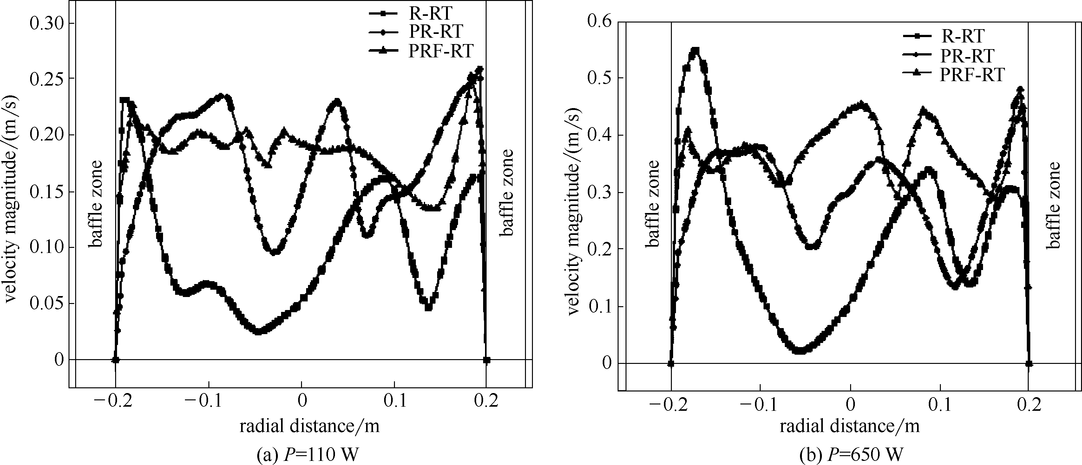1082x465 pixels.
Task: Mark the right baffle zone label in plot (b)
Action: pos(1053,206)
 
